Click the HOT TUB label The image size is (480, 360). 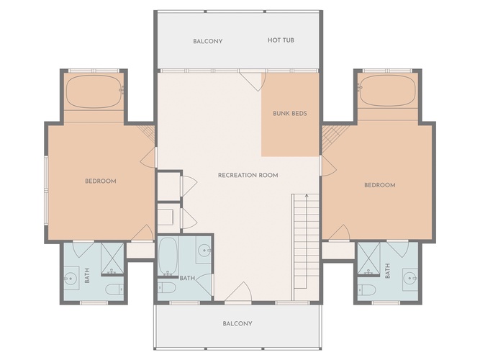[281, 40]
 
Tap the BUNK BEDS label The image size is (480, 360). [290, 113]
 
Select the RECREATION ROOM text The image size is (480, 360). [248, 175]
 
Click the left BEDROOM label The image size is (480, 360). [101, 181]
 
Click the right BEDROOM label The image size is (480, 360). [379, 185]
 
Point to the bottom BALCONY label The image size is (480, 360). [237, 323]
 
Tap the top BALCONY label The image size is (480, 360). [207, 41]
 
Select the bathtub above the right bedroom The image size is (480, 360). [388, 91]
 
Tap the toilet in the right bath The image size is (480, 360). [366, 289]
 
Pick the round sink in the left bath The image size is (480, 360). [71, 279]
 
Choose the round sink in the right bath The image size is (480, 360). [409, 279]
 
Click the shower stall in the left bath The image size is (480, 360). [112, 258]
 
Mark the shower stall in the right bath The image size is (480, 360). [368, 258]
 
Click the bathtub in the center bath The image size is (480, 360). [168, 256]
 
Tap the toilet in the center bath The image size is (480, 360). [166, 287]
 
